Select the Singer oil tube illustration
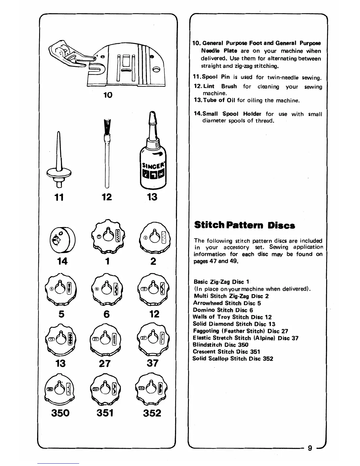(152, 153)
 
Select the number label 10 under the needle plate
(108, 95)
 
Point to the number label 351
(105, 413)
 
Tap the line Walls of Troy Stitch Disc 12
(232, 317)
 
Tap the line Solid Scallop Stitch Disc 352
(233, 359)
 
